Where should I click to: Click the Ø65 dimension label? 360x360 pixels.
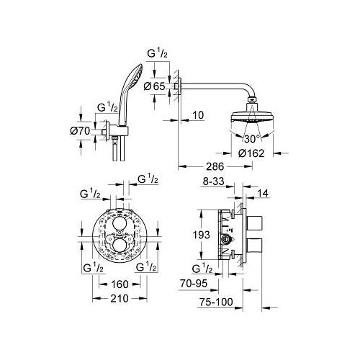(155, 86)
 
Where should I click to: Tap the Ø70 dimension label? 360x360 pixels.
(80, 131)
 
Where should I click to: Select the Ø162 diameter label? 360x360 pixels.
(251, 153)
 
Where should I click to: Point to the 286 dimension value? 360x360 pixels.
(215, 166)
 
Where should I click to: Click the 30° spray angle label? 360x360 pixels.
(252, 139)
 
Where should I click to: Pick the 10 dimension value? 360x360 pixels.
(198, 115)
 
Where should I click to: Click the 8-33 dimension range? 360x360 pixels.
(213, 181)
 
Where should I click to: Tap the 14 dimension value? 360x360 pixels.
(263, 193)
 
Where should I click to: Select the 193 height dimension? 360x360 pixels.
(202, 235)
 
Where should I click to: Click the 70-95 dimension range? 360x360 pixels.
(194, 284)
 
